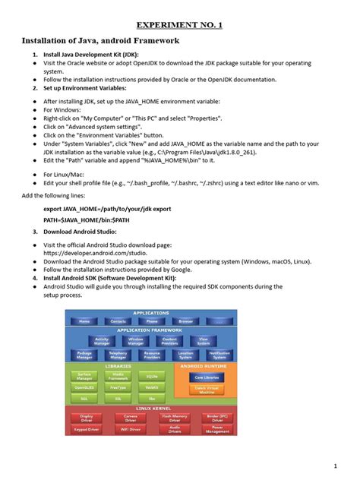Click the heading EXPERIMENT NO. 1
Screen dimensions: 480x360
point(180,24)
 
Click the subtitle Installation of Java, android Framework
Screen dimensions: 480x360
point(100,40)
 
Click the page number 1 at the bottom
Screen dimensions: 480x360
point(335,464)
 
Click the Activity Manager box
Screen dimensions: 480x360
point(103,342)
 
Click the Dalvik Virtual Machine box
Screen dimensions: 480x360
point(210,389)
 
